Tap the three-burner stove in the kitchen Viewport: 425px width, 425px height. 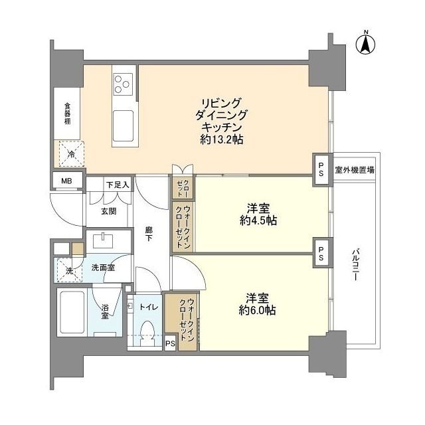(x=122, y=84)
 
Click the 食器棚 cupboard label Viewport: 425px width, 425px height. (x=68, y=114)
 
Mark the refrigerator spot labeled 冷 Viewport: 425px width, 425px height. (x=70, y=155)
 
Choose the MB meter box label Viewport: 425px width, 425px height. (x=67, y=180)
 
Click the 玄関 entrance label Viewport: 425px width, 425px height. (x=109, y=211)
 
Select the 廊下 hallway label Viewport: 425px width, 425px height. (x=150, y=234)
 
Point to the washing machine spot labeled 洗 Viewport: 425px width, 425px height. (x=68, y=270)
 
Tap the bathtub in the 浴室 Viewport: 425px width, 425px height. (x=74, y=311)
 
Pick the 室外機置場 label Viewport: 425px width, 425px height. (x=354, y=169)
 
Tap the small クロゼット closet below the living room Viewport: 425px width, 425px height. (x=181, y=188)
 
